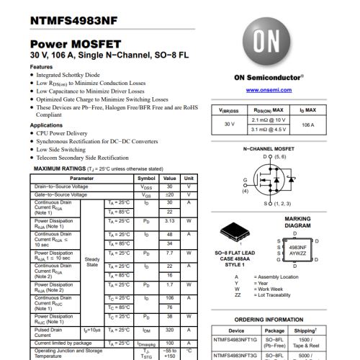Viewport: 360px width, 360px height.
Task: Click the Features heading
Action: click(x=41, y=67)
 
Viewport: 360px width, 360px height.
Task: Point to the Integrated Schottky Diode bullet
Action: click(x=67, y=75)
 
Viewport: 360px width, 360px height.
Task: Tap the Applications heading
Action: click(x=46, y=125)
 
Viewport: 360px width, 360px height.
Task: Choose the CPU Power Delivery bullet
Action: click(x=63, y=133)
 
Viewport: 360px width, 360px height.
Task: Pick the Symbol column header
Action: click(x=146, y=178)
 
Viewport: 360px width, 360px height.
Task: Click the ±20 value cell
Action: click(x=170, y=194)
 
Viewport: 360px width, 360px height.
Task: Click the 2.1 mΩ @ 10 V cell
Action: click(x=269, y=120)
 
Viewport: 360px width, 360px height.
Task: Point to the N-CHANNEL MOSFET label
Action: click(x=269, y=148)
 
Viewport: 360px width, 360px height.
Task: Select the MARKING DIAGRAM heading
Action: click(x=297, y=222)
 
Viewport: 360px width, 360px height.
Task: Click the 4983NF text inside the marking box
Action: click(x=297, y=246)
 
